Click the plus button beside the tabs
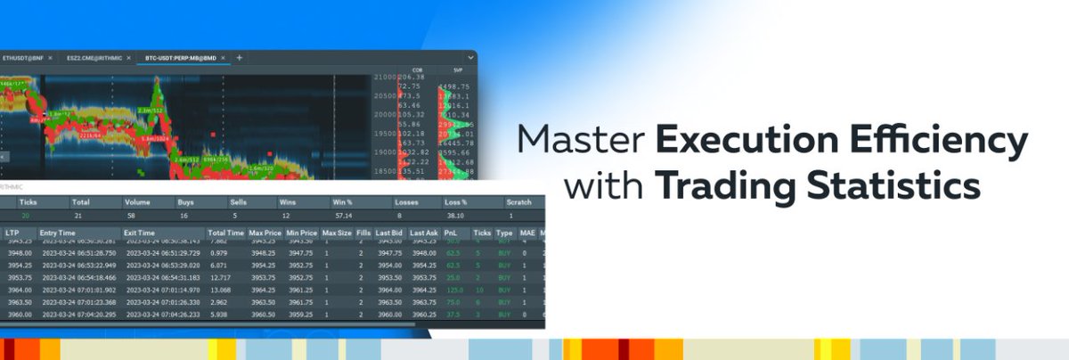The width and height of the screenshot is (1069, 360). coord(240,58)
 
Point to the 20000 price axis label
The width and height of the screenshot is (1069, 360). coord(386,115)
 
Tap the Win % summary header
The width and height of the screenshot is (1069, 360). coord(344,202)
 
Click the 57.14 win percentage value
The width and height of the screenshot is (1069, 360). coord(342,217)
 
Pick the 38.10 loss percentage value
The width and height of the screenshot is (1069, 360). coord(455,217)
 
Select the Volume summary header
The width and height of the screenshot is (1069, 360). coord(139,202)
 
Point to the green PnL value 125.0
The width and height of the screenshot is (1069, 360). coord(455,290)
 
